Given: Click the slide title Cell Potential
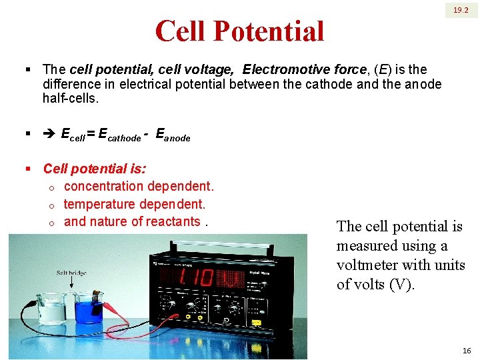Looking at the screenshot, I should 239,31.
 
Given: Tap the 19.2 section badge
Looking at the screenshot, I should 461,11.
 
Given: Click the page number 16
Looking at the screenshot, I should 466,351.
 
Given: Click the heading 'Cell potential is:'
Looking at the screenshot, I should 95,169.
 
